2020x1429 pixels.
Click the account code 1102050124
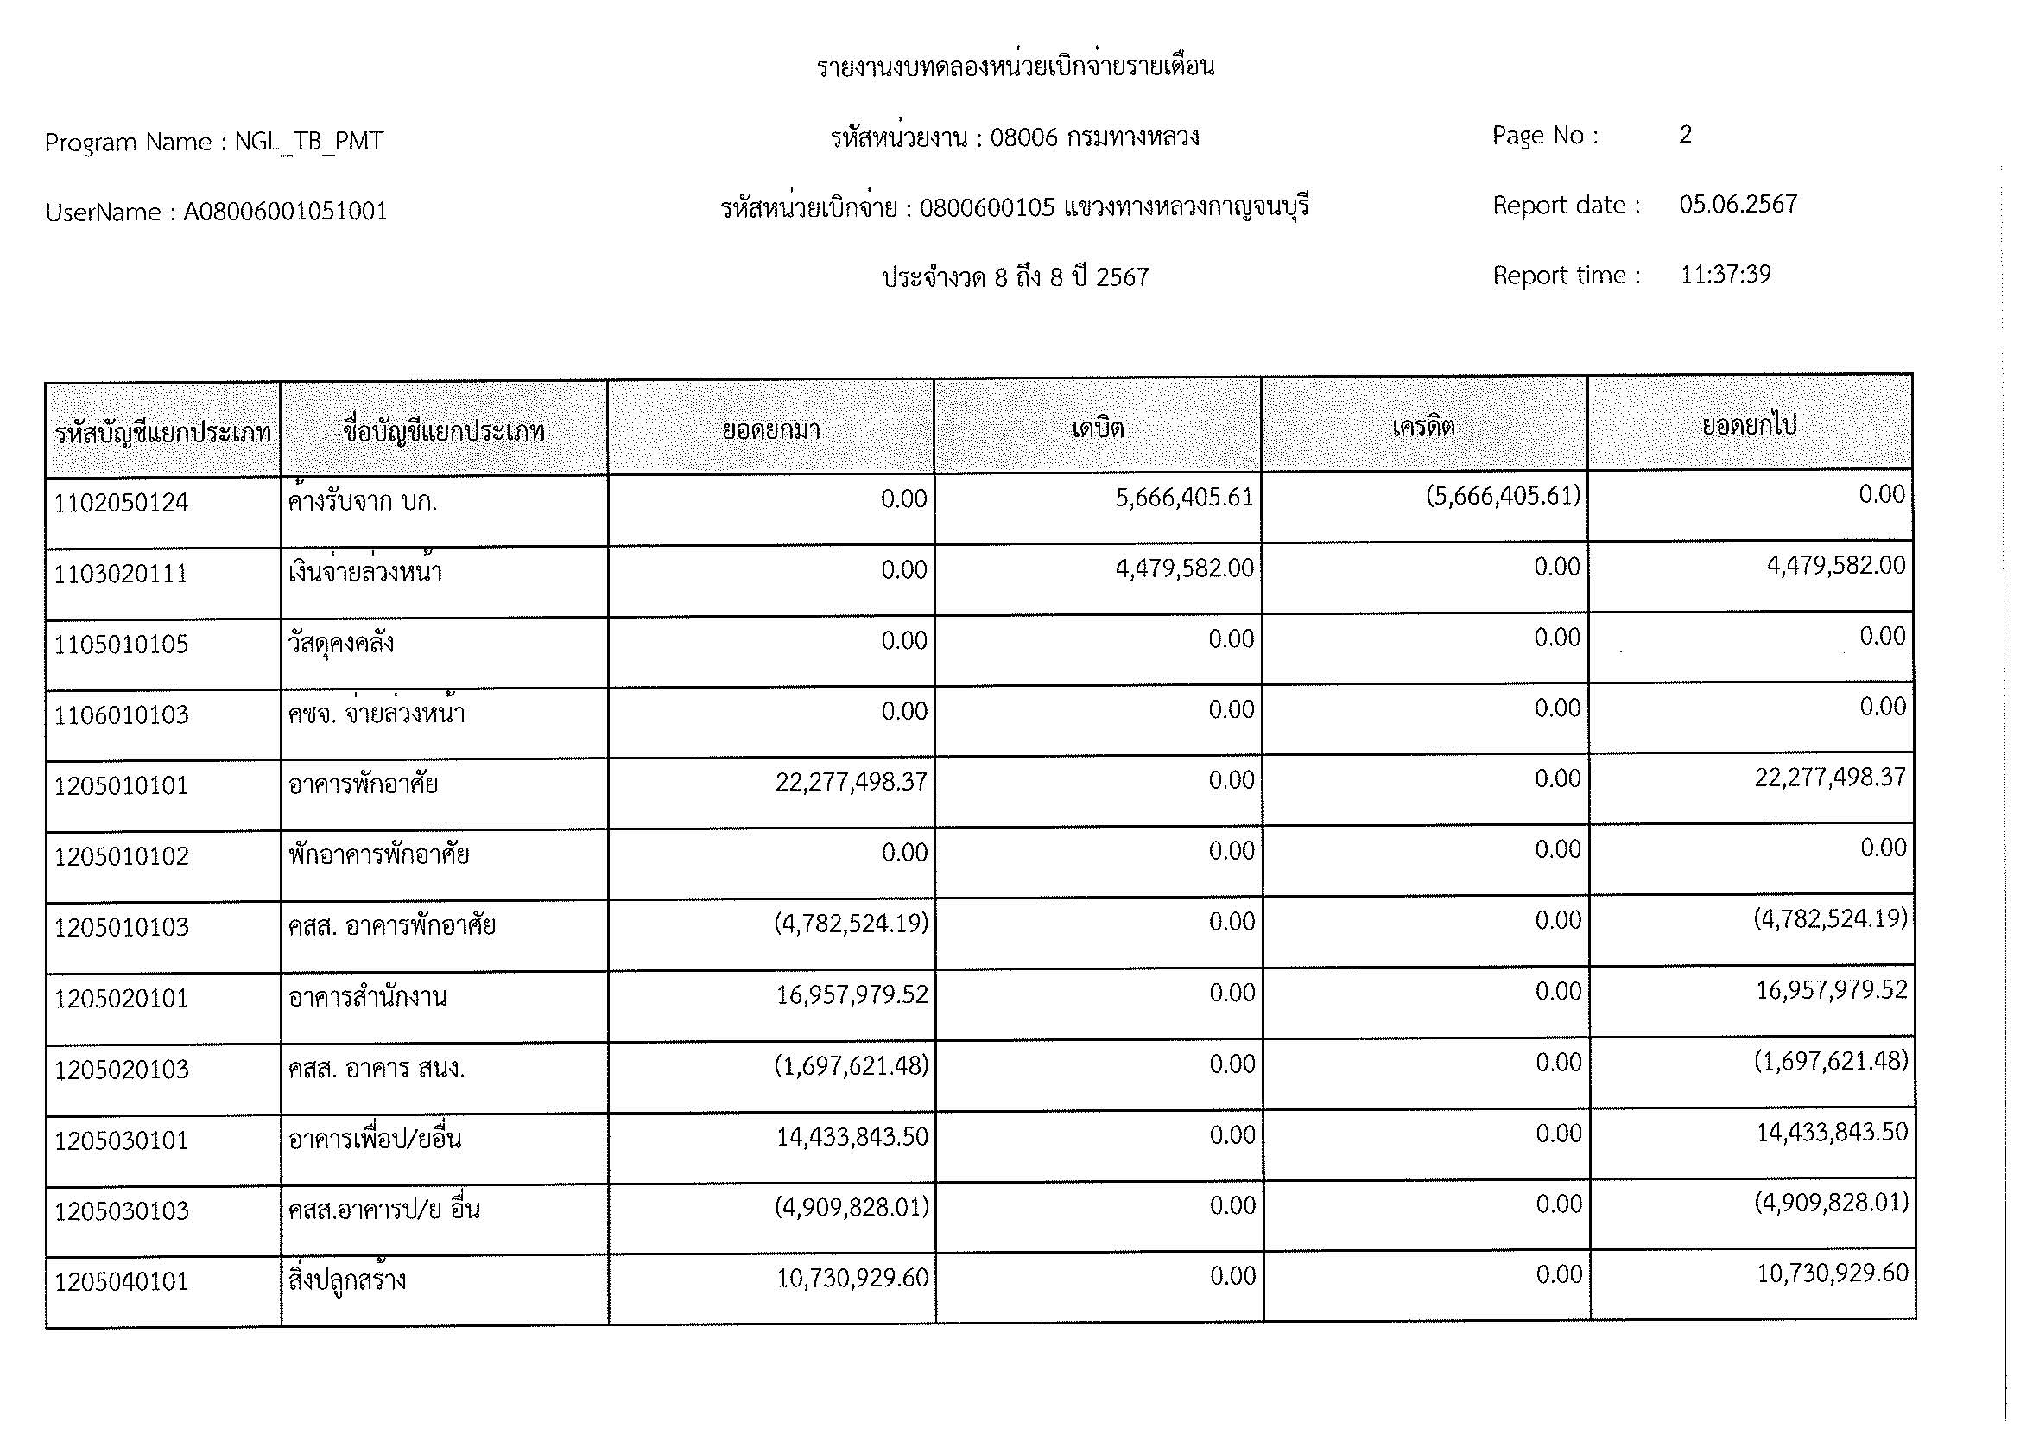[122, 504]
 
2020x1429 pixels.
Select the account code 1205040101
[122, 1282]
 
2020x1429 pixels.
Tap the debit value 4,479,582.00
[1184, 568]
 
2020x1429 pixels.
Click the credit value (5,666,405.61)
[1503, 496]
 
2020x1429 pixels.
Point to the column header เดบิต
[1097, 429]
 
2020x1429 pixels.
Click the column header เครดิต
[1423, 427]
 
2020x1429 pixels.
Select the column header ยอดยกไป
[1749, 425]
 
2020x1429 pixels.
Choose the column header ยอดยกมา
[770, 429]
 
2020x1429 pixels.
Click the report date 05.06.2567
[1738, 204]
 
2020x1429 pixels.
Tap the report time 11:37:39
[1725, 275]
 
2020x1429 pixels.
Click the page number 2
[1685, 134]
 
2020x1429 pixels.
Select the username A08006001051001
[285, 211]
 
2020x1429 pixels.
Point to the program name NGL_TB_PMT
[309, 142]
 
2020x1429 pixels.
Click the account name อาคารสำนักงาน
[368, 997]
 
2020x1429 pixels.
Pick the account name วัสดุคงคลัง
[341, 644]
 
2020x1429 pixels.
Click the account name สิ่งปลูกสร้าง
[347, 1280]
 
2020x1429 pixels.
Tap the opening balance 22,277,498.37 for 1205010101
[851, 781]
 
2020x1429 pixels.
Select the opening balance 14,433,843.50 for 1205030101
[852, 1137]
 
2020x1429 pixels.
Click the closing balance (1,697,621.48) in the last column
[1831, 1061]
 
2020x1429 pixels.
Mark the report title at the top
[1016, 67]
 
